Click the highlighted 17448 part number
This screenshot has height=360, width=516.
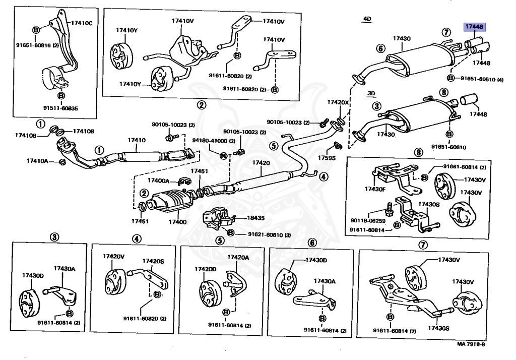(x=474, y=27)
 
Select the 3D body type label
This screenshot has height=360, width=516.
(x=372, y=93)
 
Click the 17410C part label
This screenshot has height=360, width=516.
(x=82, y=23)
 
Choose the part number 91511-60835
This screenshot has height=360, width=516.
(x=60, y=108)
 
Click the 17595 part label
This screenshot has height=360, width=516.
(x=326, y=157)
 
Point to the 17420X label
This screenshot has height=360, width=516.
(x=338, y=102)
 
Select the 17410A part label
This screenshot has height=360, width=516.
(x=38, y=161)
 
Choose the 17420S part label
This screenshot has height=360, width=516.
(x=153, y=261)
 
